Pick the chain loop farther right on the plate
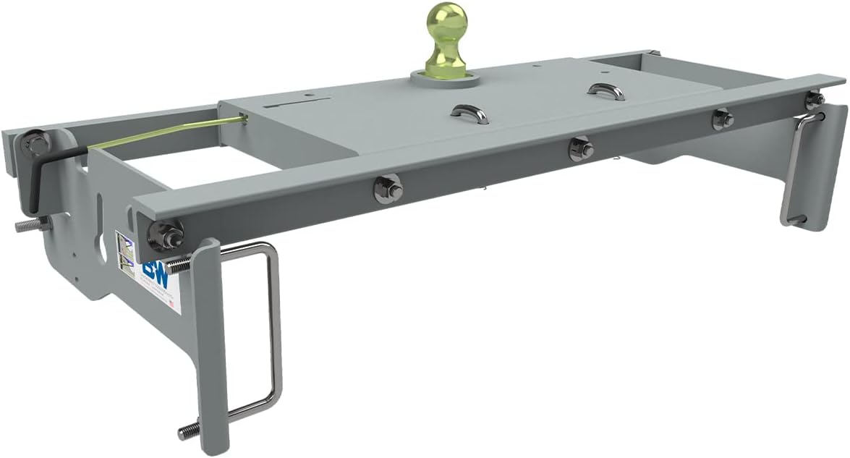coord(605,92)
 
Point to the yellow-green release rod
coord(166,133)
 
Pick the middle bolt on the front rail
coord(579,150)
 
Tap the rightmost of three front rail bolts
coord(721,119)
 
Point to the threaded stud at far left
coord(27,225)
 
